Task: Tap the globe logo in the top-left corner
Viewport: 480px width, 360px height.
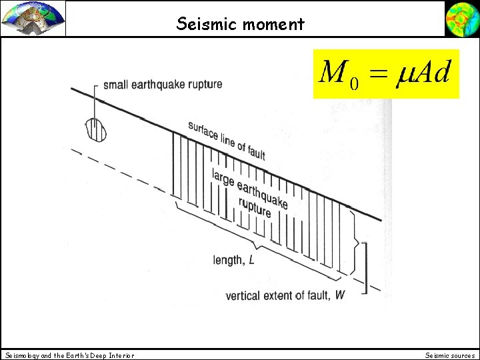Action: point(33,18)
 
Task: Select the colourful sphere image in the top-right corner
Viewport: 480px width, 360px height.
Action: point(462,18)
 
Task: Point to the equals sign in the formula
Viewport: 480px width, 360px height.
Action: point(377,72)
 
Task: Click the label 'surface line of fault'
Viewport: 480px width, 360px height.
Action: point(226,141)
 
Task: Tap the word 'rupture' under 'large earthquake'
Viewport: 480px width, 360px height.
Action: point(254,209)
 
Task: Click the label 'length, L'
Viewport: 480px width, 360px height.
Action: point(233,260)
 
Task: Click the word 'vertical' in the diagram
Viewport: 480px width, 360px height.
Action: point(243,295)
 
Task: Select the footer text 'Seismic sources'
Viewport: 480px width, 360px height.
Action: point(450,355)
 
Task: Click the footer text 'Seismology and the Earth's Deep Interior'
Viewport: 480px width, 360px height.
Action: point(70,355)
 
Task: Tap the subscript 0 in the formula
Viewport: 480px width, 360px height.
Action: point(354,83)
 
